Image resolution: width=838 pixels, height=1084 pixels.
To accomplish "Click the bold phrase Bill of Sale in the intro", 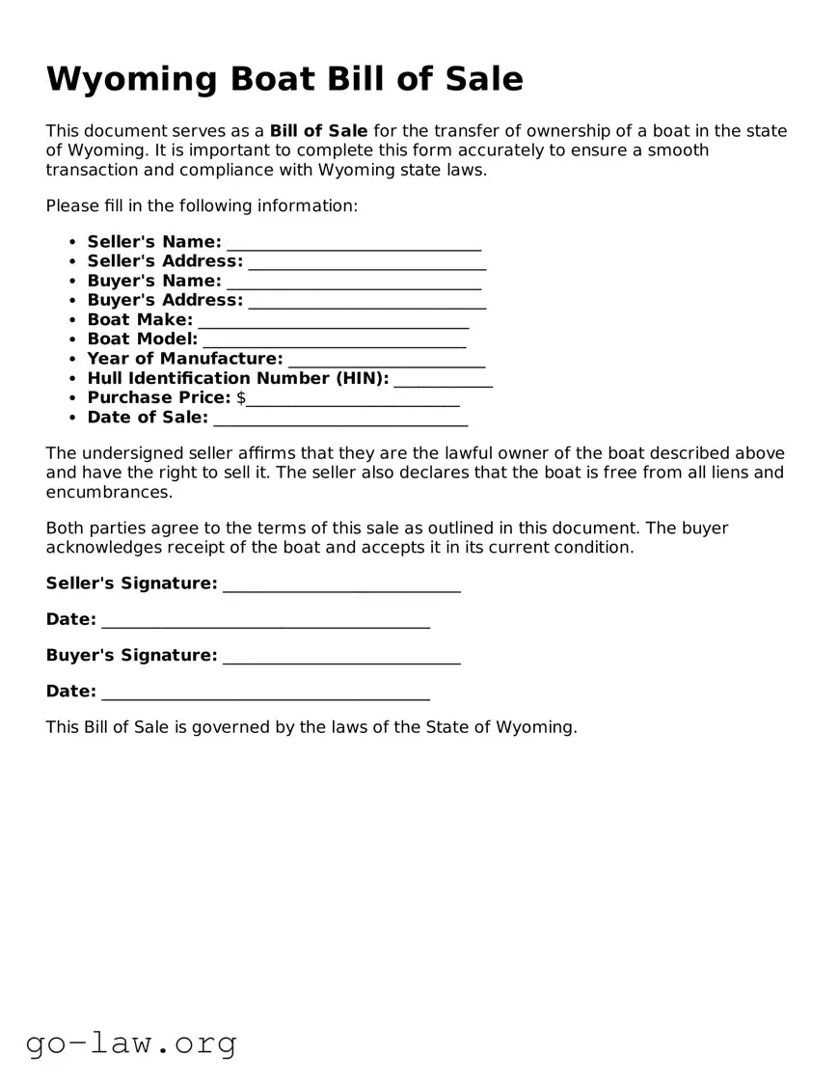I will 318,131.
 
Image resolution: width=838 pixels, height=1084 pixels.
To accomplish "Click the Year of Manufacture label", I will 185,359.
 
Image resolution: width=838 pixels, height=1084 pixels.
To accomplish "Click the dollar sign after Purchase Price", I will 241,398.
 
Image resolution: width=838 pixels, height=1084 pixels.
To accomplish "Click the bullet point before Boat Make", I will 73,320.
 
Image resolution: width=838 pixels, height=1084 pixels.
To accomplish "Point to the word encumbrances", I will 109,492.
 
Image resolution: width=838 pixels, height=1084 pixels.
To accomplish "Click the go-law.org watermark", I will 131,1043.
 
